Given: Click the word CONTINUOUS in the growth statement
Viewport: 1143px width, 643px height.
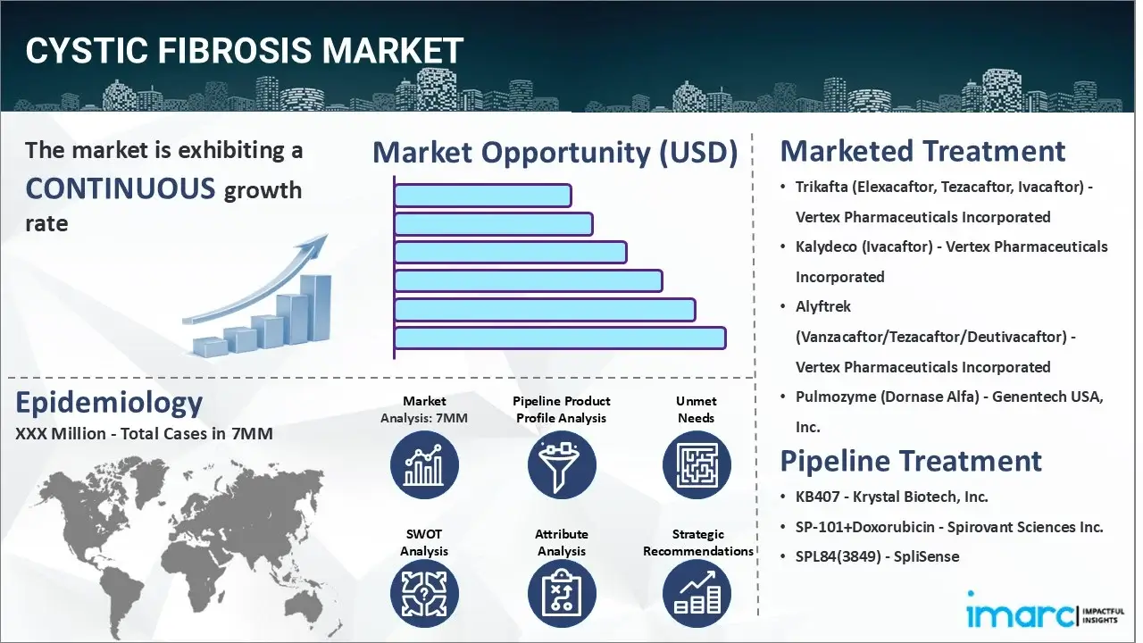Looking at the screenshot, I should (121, 188).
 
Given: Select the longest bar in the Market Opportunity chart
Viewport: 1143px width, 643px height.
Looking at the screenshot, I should (559, 338).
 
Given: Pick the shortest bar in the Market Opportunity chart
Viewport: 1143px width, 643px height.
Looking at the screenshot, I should (482, 196).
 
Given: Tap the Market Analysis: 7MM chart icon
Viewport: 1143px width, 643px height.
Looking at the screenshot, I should (424, 465).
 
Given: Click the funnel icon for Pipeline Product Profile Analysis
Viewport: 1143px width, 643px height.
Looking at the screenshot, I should (561, 465).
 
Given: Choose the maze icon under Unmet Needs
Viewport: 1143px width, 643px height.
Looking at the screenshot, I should (696, 465).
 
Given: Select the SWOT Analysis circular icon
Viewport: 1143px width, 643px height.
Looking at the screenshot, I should (424, 595).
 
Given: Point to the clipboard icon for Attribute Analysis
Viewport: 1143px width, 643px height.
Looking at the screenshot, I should (561, 595).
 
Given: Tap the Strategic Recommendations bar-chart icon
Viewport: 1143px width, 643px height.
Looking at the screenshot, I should (696, 595).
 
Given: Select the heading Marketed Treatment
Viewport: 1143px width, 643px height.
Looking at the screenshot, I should (922, 151).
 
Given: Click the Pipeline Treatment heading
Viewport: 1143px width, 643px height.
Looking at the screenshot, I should (911, 461).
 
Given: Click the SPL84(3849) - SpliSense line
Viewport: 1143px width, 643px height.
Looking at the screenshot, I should (877, 556).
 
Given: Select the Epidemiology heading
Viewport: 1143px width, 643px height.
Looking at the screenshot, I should (109, 403).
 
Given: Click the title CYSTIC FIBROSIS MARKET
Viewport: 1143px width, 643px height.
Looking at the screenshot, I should (245, 51).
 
